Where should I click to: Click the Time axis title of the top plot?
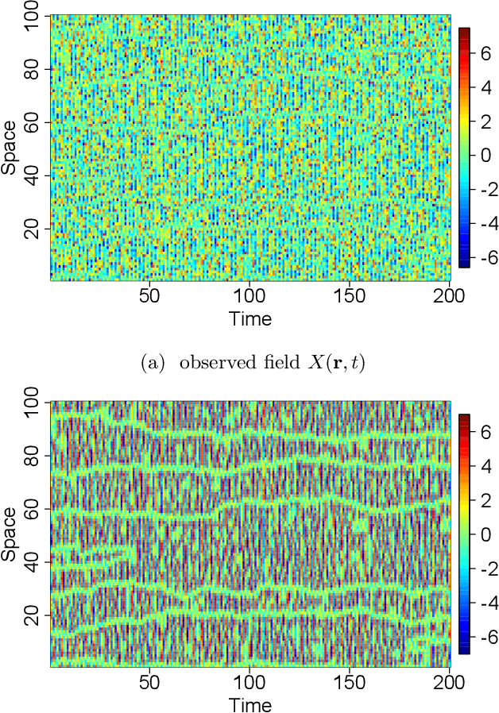coord(250,319)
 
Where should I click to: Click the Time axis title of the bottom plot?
coord(250,704)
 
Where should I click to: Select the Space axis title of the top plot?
coord(10,148)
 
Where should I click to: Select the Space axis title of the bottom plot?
coord(10,534)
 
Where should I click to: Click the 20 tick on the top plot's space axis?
coord(36,228)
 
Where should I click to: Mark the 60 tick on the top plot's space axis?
coord(36,121)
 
